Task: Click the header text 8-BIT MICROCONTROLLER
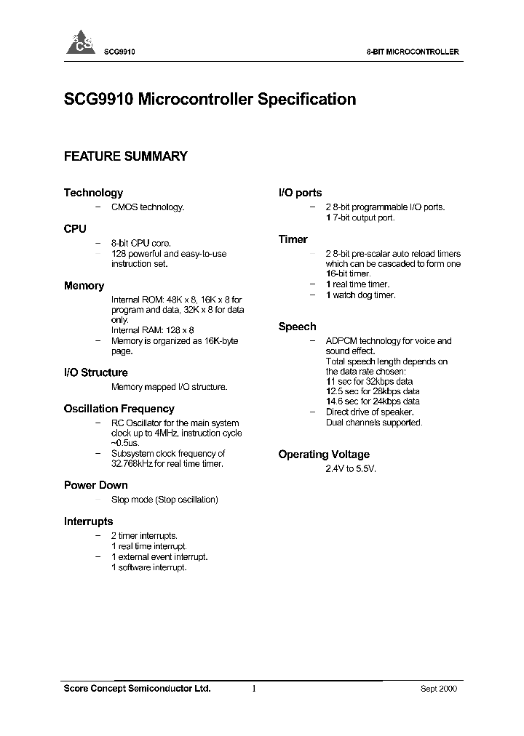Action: click(411, 52)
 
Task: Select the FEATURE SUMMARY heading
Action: click(126, 156)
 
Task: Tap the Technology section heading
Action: click(93, 193)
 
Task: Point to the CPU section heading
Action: click(75, 228)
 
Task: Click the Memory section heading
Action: click(84, 286)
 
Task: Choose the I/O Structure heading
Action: click(95, 372)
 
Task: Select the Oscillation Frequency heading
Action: click(119, 409)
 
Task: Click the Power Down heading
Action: click(95, 485)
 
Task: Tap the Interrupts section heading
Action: click(88, 521)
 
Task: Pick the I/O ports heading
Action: click(300, 193)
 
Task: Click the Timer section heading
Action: click(293, 239)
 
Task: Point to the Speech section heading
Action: click(297, 327)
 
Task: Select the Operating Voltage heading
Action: click(324, 455)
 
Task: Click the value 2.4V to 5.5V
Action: click(351, 469)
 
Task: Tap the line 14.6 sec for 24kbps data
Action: click(373, 401)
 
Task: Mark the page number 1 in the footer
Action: click(254, 689)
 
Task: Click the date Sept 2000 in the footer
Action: click(440, 689)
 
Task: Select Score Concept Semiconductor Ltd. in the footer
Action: click(138, 689)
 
